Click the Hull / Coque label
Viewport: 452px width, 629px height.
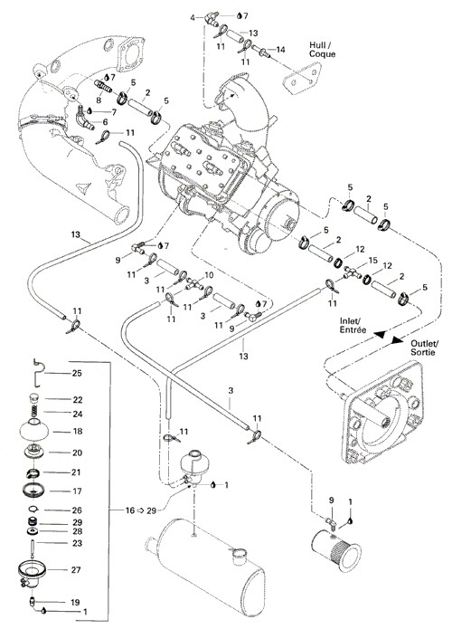click(x=322, y=50)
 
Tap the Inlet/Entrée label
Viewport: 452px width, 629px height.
click(x=353, y=325)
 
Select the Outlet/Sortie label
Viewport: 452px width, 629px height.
click(x=425, y=348)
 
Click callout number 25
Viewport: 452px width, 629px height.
click(x=76, y=373)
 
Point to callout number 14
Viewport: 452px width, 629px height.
click(x=280, y=50)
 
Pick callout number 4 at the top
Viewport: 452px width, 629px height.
click(x=193, y=17)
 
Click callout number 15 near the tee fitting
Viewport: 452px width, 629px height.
click(x=372, y=261)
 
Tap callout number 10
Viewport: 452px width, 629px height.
click(x=209, y=275)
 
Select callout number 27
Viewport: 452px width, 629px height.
click(x=76, y=569)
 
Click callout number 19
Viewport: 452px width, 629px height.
click(x=75, y=602)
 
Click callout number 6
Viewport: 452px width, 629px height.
click(x=105, y=122)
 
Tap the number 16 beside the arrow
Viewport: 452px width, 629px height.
click(x=130, y=510)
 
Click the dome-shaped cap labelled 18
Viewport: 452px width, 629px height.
click(x=34, y=431)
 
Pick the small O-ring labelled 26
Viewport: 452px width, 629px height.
click(x=33, y=510)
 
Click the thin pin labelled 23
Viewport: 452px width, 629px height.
click(x=32, y=546)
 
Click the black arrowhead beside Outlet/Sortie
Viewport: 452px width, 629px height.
click(x=397, y=339)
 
